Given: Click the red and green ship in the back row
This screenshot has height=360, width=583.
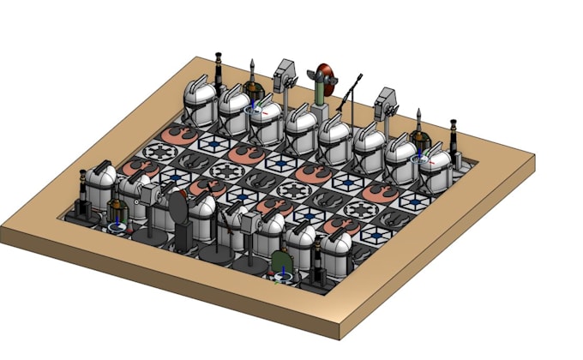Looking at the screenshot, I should pos(323,77).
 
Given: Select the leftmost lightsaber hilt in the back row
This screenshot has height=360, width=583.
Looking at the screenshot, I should pos(219,70).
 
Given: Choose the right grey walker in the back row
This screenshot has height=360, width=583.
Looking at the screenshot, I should pos(385,103).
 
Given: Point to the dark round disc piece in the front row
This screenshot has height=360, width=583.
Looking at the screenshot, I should pos(178,208).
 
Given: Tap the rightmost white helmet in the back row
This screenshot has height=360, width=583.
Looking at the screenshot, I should pos(435,167).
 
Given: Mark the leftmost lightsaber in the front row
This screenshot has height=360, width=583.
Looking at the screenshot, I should pos(81,193).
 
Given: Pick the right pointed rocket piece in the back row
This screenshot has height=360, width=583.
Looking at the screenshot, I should pos(418,125).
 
